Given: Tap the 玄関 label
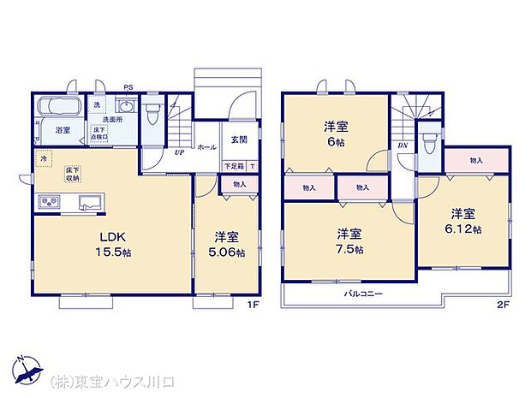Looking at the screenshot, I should point(238,139).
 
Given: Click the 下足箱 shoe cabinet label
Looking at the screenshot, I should point(234,165).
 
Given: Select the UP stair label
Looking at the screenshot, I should point(179,153).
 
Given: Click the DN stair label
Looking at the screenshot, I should point(403,146).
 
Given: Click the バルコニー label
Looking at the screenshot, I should point(363,294).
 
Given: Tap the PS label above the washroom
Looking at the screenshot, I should point(128,86).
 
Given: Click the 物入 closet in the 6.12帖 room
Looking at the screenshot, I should point(476,160).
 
